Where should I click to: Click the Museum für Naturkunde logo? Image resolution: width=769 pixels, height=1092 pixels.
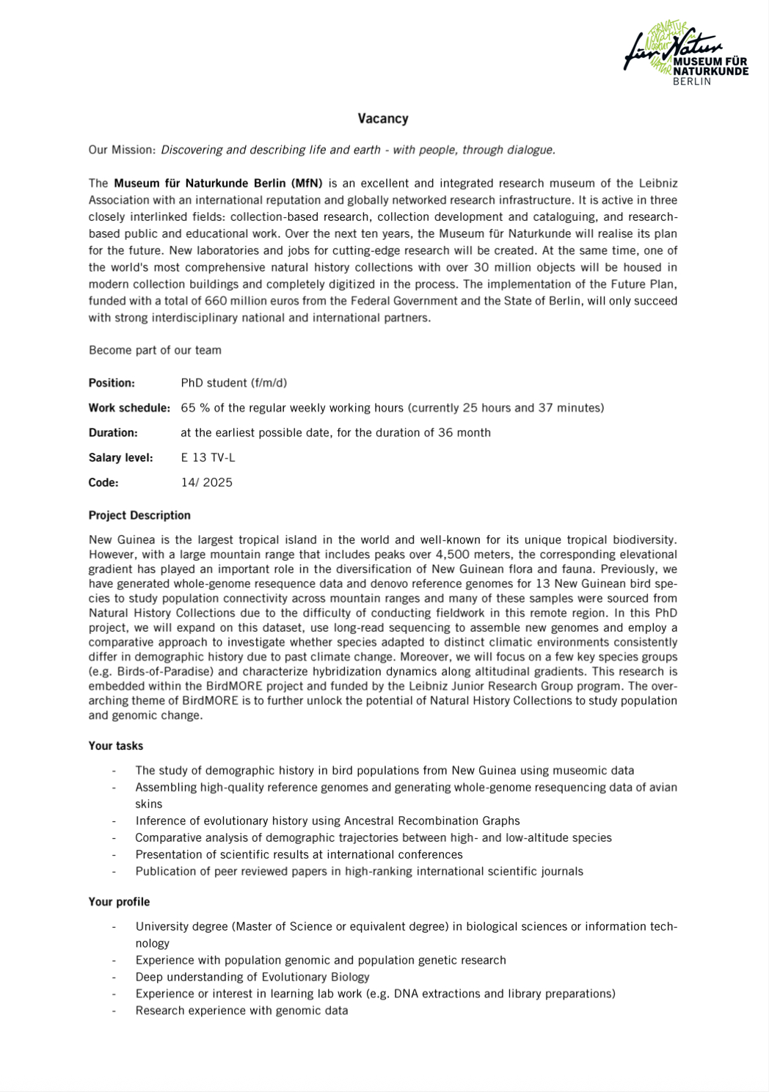pyautogui.click(x=685, y=54)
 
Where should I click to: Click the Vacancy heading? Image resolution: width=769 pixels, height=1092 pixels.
pyautogui.click(x=383, y=119)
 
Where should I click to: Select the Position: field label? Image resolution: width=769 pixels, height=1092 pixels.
pyautogui.click(x=112, y=383)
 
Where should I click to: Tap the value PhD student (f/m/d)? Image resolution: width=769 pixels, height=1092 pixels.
pyautogui.click(x=234, y=383)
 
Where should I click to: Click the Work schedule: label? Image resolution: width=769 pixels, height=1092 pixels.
pyautogui.click(x=129, y=408)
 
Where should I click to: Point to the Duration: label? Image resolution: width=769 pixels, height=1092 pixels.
pyautogui.click(x=113, y=433)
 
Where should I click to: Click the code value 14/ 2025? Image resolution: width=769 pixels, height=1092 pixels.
pyautogui.click(x=206, y=483)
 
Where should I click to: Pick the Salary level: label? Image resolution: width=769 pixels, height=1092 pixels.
pyautogui.click(x=120, y=458)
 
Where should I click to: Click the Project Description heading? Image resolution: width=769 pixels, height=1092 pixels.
pyautogui.click(x=139, y=515)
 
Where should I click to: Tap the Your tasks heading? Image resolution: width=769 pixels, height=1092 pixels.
pyautogui.click(x=116, y=746)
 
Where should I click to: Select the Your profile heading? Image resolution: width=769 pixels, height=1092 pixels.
pyautogui.click(x=119, y=902)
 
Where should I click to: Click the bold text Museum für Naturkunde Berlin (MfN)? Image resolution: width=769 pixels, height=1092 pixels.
pyautogui.click(x=218, y=183)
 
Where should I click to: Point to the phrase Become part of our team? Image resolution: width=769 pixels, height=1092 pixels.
pyautogui.click(x=155, y=350)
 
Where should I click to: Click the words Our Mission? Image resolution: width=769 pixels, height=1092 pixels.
pyautogui.click(x=122, y=150)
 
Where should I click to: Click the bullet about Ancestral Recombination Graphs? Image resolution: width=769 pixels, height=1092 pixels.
pyautogui.click(x=327, y=821)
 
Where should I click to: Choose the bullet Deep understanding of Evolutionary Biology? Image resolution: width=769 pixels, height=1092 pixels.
pyautogui.click(x=252, y=978)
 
